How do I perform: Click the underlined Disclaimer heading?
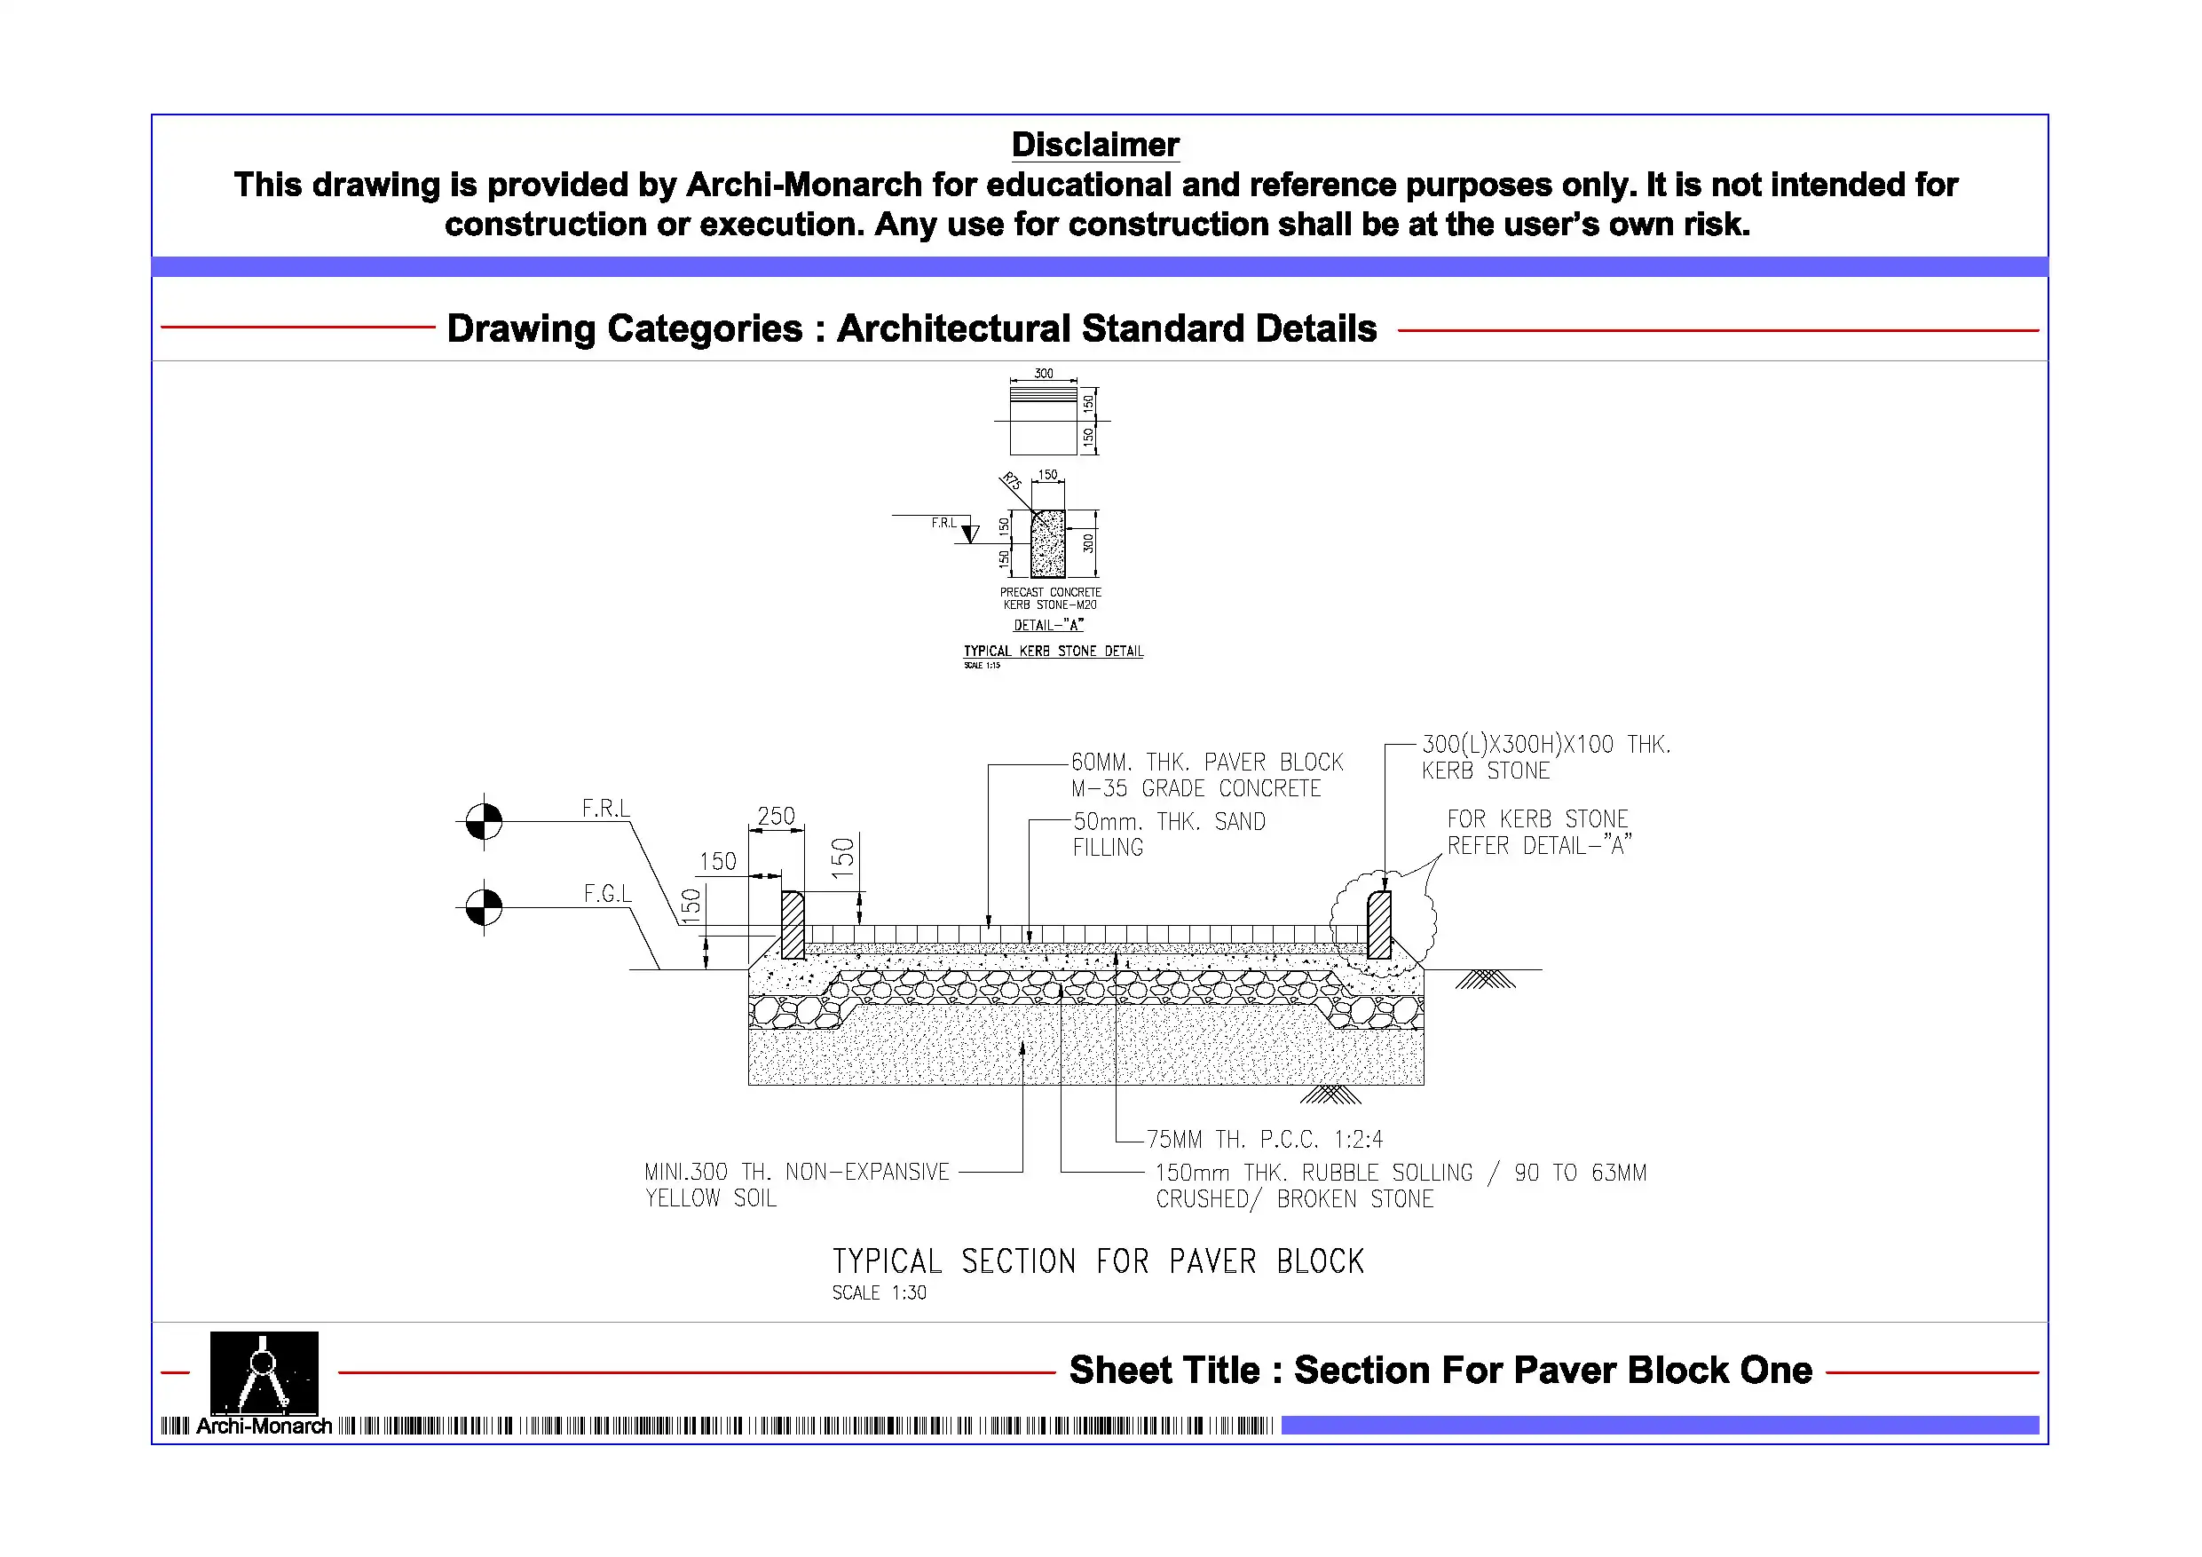(1094, 145)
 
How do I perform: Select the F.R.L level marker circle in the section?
(484, 821)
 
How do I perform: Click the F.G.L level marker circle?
(484, 906)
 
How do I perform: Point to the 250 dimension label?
(776, 817)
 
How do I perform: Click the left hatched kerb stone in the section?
(793, 925)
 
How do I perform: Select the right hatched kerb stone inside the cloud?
(1379, 925)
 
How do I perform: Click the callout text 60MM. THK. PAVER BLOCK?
(1206, 763)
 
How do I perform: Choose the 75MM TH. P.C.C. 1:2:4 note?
(1264, 1140)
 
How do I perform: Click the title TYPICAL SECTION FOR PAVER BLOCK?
(1097, 1261)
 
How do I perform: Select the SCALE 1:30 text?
(879, 1293)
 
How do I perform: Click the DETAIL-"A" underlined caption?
(1048, 626)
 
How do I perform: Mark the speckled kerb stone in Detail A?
(1047, 544)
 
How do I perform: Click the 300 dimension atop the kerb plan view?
(1044, 373)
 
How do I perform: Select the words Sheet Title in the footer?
(1164, 1370)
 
